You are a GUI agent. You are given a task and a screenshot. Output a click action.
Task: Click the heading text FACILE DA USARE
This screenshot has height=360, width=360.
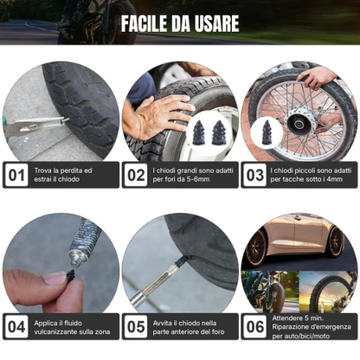pyautogui.click(x=179, y=22)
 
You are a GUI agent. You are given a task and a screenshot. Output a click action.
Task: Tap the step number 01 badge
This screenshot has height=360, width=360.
pyautogui.click(x=16, y=176)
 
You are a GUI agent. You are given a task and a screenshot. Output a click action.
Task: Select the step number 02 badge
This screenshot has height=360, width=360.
pyautogui.click(x=135, y=176)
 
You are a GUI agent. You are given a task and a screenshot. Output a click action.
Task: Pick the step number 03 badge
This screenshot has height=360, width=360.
pyautogui.click(x=254, y=176)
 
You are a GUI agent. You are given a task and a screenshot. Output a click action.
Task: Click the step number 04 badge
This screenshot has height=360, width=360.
pyautogui.click(x=16, y=326)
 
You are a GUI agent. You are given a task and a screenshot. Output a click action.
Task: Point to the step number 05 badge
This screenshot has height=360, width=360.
pyautogui.click(x=135, y=326)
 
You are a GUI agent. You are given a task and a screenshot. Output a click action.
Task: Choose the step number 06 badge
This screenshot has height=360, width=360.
pyautogui.click(x=254, y=326)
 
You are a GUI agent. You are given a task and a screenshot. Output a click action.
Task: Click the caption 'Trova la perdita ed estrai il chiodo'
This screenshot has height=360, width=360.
pyautogui.click(x=65, y=176)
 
